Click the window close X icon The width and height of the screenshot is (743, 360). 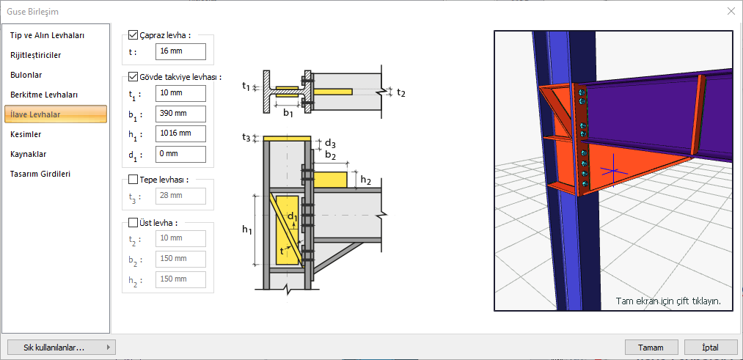pos(731,11)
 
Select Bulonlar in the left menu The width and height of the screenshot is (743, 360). pos(26,75)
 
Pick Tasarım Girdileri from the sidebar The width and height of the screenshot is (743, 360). pos(40,174)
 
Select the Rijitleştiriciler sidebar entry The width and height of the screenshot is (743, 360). pos(35,55)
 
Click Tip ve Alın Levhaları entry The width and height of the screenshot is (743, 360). pos(48,35)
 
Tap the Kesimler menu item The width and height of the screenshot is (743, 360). pos(26,134)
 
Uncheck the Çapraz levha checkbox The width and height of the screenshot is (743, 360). pos(133,34)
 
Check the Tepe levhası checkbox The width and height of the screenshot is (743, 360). pos(133,179)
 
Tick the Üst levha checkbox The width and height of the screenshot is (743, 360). pos(133,222)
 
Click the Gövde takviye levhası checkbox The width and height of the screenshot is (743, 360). pos(133,76)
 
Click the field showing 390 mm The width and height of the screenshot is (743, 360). pos(180,114)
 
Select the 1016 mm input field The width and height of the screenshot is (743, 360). pos(180,133)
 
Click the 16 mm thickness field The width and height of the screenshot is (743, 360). pos(180,52)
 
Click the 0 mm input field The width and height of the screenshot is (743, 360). pos(180,154)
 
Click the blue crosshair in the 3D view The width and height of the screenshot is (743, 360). pos(610,173)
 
